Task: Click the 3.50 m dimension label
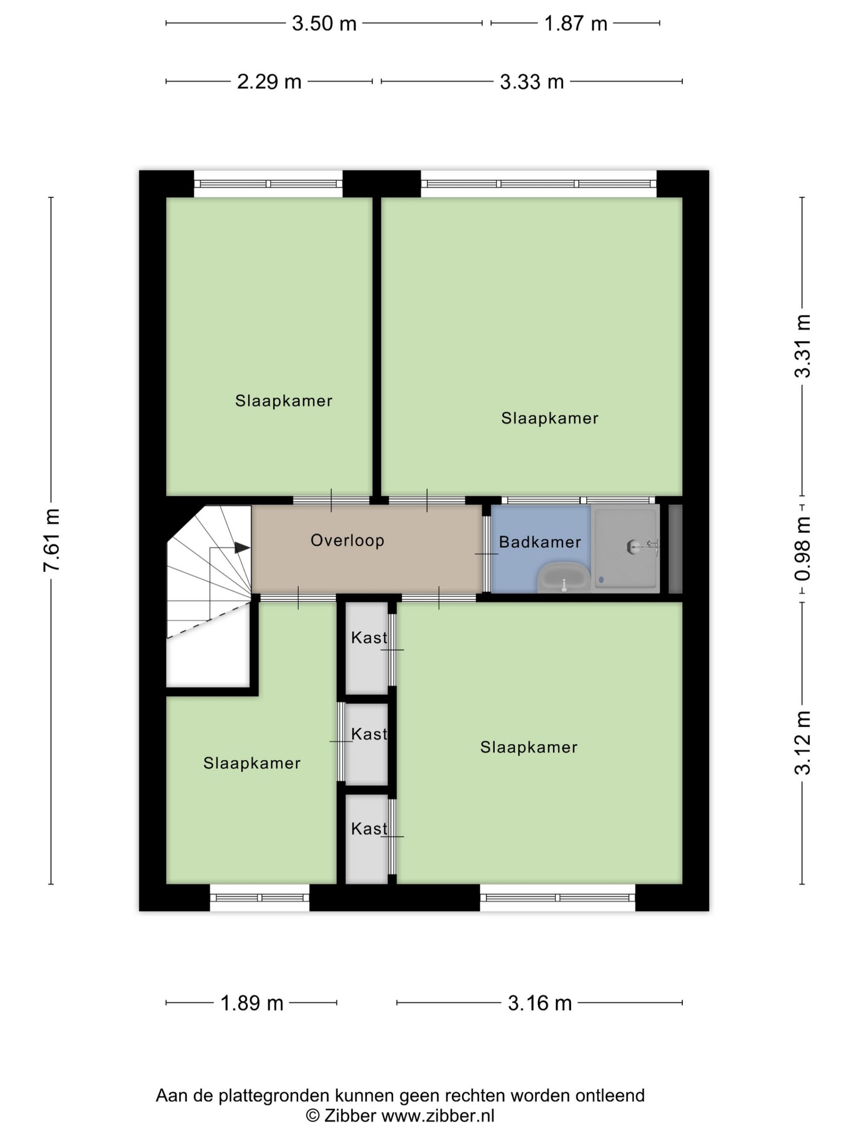[x=324, y=23]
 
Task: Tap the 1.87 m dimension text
[x=575, y=23]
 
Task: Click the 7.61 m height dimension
[x=52, y=540]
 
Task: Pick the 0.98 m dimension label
[x=803, y=549]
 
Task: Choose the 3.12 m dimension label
[x=803, y=743]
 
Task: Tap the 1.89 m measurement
[x=252, y=1003]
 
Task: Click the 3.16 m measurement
[x=540, y=1003]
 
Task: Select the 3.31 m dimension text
[x=803, y=346]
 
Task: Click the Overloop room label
[x=348, y=540]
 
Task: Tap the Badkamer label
[x=540, y=542]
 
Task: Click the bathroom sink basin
[x=563, y=578]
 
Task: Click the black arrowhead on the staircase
[x=242, y=548]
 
